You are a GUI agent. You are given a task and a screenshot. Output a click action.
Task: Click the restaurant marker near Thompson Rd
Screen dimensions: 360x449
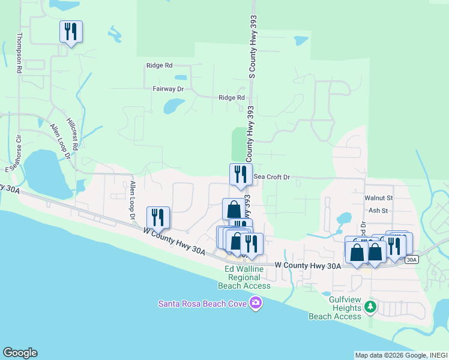point(71,32)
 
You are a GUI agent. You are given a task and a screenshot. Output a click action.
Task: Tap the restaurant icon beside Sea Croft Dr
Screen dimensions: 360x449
point(241,175)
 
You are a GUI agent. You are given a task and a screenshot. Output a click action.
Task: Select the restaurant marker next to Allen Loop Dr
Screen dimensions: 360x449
point(158,218)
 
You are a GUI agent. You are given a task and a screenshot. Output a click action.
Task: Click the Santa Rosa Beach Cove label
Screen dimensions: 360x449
point(203,303)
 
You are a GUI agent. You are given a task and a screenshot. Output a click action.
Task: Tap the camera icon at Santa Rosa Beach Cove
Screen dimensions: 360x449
point(256,302)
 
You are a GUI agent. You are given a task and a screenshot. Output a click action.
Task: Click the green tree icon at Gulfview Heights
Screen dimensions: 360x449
point(370,307)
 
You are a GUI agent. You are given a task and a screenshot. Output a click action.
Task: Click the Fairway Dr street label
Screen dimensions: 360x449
point(167,88)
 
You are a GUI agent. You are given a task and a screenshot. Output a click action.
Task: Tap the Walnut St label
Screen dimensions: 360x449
point(378,197)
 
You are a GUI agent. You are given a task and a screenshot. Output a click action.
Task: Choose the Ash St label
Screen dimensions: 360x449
point(378,211)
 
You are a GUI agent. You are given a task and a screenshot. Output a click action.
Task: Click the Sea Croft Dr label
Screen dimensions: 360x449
point(271,177)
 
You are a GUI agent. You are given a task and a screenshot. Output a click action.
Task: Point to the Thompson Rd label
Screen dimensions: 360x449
point(19,53)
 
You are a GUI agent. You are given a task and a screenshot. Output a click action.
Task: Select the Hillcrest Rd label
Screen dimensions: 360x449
point(72,133)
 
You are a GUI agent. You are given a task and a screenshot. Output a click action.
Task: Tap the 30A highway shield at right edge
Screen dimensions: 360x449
point(411,260)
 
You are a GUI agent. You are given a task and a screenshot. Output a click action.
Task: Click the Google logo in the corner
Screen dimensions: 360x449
point(20,353)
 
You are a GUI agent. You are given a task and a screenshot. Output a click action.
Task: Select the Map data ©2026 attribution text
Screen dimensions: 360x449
point(383,355)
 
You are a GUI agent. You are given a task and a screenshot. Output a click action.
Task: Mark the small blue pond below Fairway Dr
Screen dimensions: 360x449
point(174,106)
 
